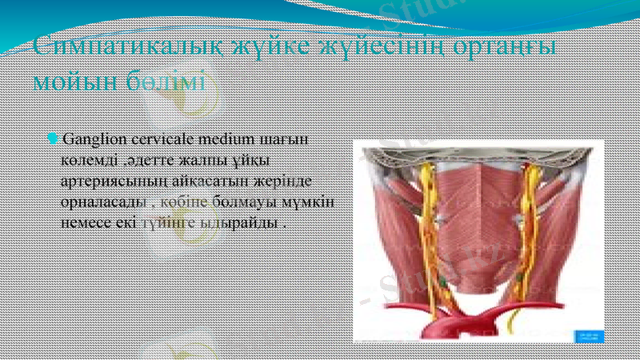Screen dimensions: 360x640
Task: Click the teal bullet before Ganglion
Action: coord(53,139)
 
